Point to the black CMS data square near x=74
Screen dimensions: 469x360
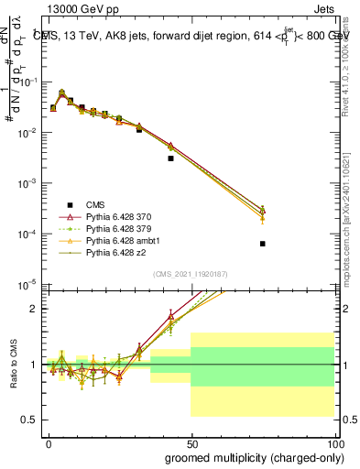pos(263,244)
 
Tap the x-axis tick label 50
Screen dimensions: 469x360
pos(191,442)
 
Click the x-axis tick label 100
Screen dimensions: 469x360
pos(334,442)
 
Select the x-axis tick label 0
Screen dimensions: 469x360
pos(49,442)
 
